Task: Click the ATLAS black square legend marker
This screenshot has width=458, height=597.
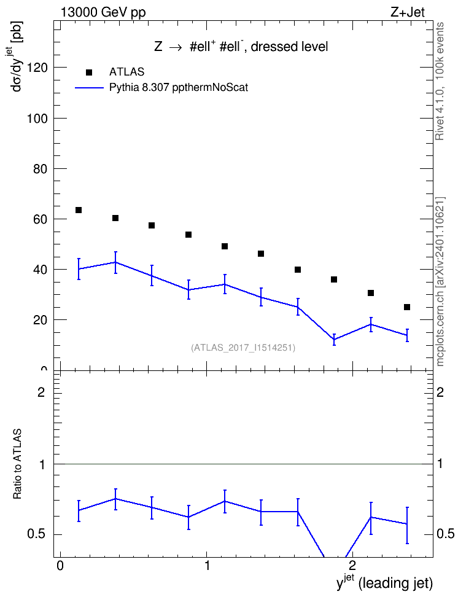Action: point(89,72)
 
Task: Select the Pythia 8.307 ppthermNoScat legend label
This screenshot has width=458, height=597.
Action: point(179,88)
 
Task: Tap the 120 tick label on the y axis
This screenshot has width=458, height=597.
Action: point(37,68)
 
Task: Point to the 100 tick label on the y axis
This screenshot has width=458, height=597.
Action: point(37,119)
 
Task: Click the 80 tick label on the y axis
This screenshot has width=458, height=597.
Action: point(41,169)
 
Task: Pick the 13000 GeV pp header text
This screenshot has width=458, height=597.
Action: point(103,12)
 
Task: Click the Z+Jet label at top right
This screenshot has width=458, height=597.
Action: point(408,12)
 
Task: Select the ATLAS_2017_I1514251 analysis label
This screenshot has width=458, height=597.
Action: point(243,348)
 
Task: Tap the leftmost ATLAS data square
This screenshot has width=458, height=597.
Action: point(79,210)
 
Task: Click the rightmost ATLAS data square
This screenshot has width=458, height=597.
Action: point(407,307)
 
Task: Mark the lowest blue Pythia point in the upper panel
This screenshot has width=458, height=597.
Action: point(334,340)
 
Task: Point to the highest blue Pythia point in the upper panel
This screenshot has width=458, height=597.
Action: point(115,262)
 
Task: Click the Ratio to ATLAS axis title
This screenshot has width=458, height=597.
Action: point(17,464)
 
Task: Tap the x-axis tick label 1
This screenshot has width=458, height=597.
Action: point(207,565)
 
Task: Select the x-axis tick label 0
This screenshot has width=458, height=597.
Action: point(60,565)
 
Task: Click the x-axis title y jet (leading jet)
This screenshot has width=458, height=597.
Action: point(384,582)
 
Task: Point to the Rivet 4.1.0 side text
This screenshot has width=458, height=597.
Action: point(440,81)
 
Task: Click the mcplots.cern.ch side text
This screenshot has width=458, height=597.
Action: point(440,282)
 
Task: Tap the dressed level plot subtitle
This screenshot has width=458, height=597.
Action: point(290,47)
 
